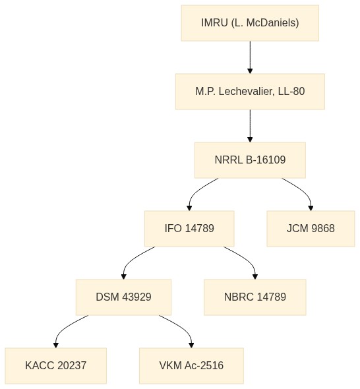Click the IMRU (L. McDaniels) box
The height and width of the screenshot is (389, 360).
pyautogui.click(x=250, y=23)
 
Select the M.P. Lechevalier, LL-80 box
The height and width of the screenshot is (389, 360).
pyautogui.click(x=250, y=92)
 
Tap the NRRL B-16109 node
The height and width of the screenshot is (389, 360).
pyautogui.click(x=250, y=160)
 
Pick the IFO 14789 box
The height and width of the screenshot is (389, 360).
pyautogui.click(x=189, y=229)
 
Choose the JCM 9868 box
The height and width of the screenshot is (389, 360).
pyautogui.click(x=311, y=229)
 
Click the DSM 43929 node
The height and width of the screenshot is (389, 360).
pyautogui.click(x=123, y=297)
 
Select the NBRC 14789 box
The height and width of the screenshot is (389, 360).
pyautogui.click(x=255, y=297)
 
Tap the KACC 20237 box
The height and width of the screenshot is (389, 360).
pyautogui.click(x=56, y=366)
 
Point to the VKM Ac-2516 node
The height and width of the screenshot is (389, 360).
pyautogui.click(x=191, y=366)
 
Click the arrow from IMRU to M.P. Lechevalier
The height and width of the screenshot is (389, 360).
pyautogui.click(x=250, y=57)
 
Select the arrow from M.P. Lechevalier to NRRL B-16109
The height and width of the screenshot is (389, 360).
pyautogui.click(x=250, y=126)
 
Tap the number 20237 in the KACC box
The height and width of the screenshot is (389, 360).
pyautogui.click(x=72, y=366)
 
